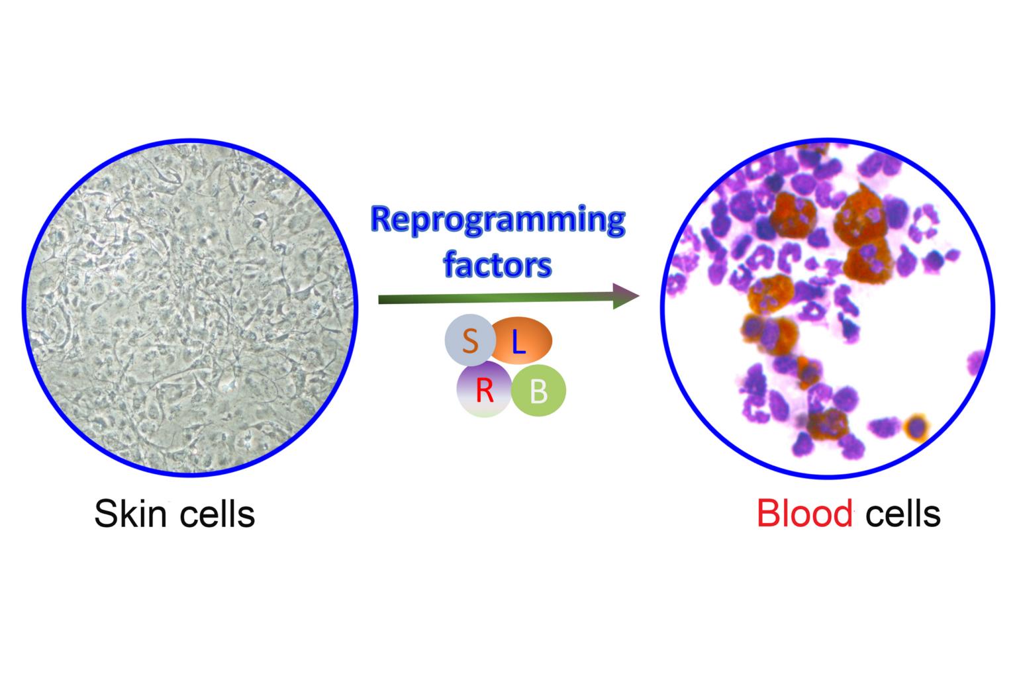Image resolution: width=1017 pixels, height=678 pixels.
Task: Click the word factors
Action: click(497, 266)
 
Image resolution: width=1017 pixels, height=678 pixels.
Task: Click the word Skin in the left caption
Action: click(130, 514)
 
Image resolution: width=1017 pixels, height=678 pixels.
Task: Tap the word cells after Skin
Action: click(217, 514)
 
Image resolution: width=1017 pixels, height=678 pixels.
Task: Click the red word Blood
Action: click(804, 514)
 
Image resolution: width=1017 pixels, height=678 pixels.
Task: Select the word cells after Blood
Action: click(902, 514)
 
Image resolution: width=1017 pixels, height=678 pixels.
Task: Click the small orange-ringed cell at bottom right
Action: click(916, 427)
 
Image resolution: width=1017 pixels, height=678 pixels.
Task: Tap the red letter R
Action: click(485, 393)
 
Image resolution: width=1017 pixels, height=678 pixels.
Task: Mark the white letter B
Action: click(539, 393)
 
